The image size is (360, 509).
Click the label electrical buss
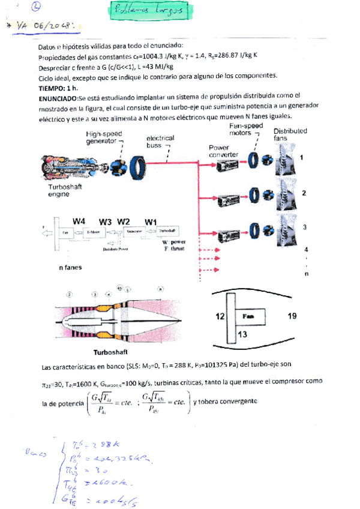click(x=160, y=141)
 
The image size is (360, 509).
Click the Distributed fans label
click(x=290, y=135)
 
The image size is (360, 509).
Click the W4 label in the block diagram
click(x=79, y=220)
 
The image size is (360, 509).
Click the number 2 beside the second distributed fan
click(x=304, y=193)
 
